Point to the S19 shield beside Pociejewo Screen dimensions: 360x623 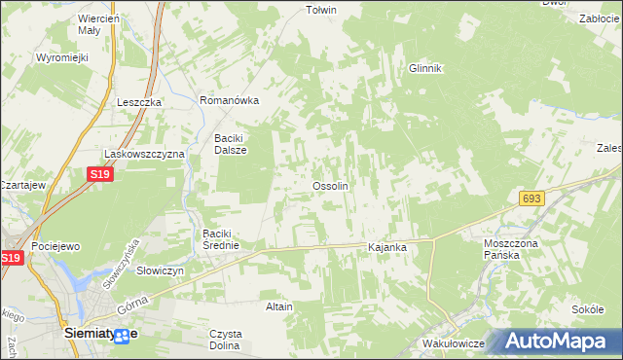[x=11, y=258]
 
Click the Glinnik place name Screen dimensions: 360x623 [x=425, y=68]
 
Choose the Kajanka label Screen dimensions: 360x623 [x=386, y=248]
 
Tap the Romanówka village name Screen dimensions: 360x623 [x=228, y=100]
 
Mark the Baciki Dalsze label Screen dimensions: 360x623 [x=231, y=144]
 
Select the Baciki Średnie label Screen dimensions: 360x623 [x=228, y=239]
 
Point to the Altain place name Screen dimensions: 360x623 [x=279, y=306]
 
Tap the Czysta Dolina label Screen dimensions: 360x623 [x=225, y=340]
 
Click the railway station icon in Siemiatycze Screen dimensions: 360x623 [x=122, y=336]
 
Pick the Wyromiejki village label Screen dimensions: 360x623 [x=62, y=57]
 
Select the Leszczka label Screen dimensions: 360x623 [x=138, y=102]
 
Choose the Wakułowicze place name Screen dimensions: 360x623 [x=455, y=344]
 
